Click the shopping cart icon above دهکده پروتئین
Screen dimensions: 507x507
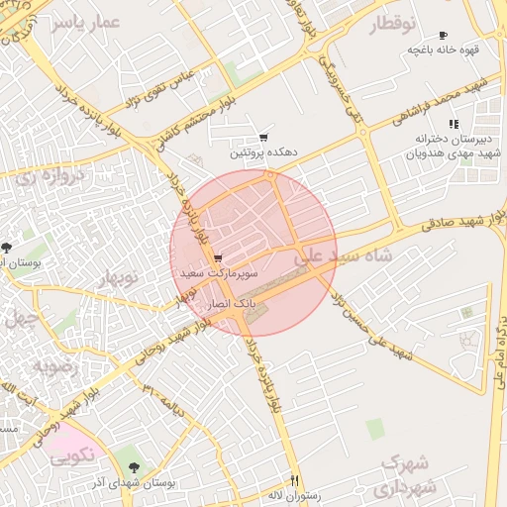pyautogui.click(x=263, y=138)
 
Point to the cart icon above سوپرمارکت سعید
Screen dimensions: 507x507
pyautogui.click(x=218, y=258)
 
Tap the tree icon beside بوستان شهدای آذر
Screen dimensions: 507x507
pyautogui.click(x=135, y=466)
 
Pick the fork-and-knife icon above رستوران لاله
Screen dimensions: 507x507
pyautogui.click(x=294, y=480)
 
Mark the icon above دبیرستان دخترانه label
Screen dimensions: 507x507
pyautogui.click(x=453, y=124)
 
